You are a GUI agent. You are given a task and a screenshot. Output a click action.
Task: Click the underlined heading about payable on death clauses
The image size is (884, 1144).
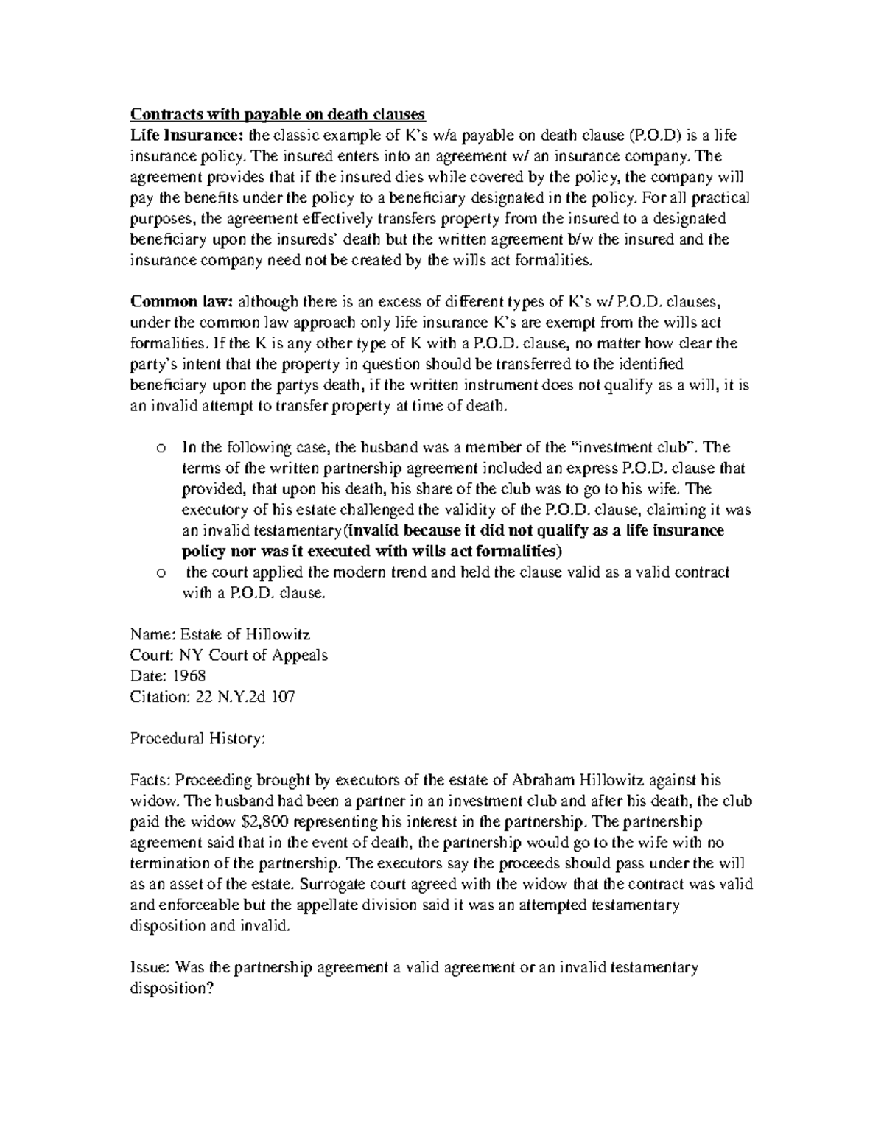pyautogui.click(x=278, y=114)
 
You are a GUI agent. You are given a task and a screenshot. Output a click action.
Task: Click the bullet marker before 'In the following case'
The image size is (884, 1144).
pyautogui.click(x=160, y=448)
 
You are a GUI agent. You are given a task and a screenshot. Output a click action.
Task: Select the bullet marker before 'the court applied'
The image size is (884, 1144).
pyautogui.click(x=160, y=572)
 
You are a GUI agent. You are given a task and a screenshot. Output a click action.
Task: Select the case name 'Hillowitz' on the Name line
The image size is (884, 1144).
pyautogui.click(x=281, y=634)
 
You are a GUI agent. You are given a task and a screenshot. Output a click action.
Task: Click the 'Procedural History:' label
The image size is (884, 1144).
pyautogui.click(x=196, y=738)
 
